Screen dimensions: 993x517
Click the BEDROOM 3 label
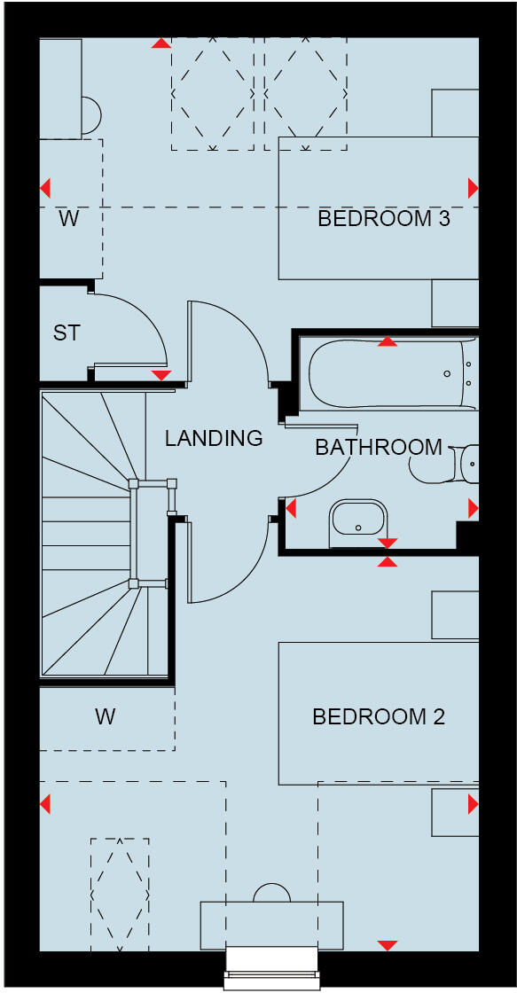coord(384,218)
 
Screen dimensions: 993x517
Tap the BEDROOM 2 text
coord(379,716)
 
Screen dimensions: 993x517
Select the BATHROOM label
coord(379,447)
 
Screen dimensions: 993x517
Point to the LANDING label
coord(214,437)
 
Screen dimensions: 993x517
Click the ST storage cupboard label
coord(67,333)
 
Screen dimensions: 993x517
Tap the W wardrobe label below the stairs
coord(106,716)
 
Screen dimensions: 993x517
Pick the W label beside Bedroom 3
coord(69,218)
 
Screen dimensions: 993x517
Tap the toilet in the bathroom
coord(443,462)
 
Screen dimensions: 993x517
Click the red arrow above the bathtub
coord(388,341)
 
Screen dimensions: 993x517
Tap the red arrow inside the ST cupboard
coord(161,375)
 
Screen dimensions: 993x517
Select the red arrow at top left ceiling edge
coord(161,42)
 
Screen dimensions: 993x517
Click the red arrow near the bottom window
coord(388,945)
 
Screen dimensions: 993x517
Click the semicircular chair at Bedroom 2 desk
coord(271,893)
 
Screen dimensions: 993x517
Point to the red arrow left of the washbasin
coord(289,509)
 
